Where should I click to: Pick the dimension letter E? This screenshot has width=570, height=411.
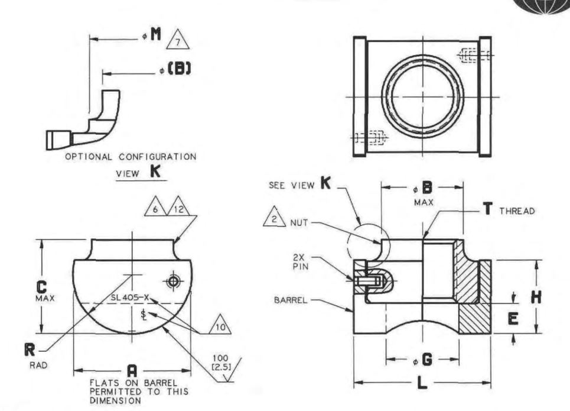click(x=513, y=319)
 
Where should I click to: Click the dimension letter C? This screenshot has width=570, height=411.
click(x=43, y=287)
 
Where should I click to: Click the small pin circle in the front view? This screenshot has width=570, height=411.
click(x=173, y=281)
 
